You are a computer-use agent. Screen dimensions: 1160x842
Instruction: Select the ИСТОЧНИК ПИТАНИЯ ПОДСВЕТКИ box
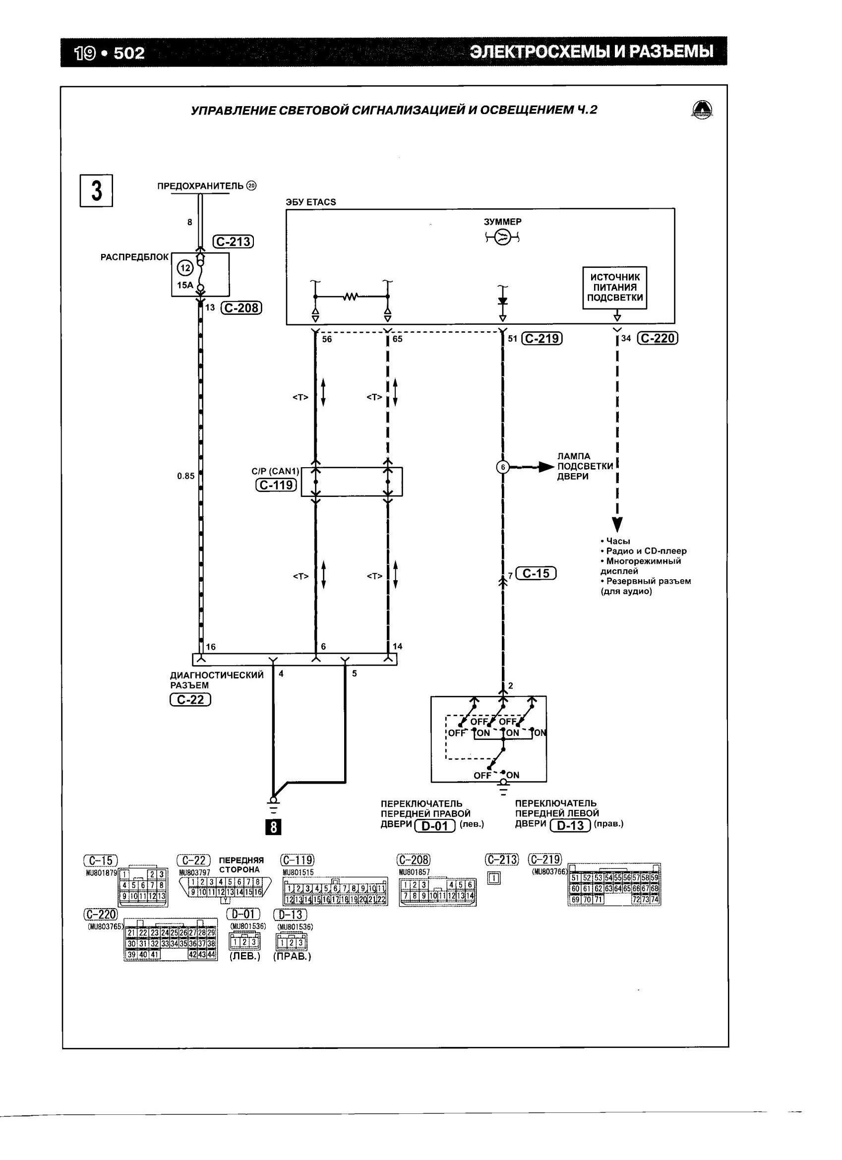614,288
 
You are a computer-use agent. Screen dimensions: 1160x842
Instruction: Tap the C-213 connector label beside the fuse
234,242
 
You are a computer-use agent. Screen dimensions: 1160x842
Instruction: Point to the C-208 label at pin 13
241,308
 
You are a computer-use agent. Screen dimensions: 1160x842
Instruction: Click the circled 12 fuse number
184,268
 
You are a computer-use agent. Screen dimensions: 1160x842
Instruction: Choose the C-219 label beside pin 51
541,339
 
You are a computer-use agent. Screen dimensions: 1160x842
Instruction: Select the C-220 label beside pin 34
658,339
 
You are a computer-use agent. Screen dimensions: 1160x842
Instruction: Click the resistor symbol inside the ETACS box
351,296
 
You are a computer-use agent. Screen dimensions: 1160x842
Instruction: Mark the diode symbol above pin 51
502,301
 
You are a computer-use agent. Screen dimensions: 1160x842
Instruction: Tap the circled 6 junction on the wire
503,467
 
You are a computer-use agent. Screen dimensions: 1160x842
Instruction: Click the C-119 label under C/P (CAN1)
276,485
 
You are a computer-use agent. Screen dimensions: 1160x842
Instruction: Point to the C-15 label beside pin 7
536,574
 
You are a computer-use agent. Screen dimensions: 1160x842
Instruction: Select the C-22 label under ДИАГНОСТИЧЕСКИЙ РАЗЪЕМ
190,700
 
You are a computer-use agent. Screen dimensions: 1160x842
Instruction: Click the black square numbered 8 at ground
274,827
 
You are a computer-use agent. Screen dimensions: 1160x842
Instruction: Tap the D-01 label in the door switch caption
434,826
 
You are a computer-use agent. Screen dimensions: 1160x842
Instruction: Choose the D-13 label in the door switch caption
570,825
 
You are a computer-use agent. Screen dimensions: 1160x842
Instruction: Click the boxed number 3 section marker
96,191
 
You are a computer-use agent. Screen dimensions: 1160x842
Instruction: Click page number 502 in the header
129,53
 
